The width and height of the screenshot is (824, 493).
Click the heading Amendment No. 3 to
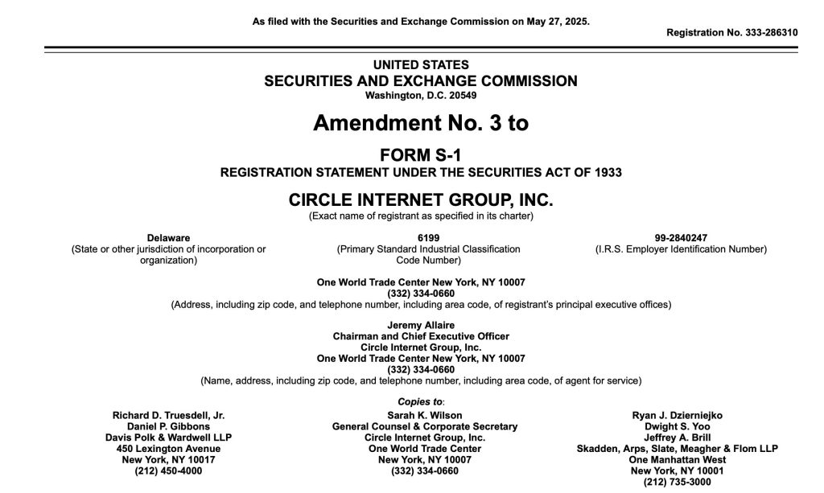[421, 124]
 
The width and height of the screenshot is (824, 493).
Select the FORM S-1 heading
[421, 155]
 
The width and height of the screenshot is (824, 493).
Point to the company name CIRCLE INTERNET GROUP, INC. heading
[421, 200]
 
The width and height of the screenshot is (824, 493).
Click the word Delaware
[169, 238]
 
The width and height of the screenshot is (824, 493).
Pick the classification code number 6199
[428, 238]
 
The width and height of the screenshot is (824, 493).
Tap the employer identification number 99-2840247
[681, 238]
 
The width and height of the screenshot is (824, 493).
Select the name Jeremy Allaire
[421, 325]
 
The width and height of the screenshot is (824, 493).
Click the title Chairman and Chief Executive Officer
[421, 336]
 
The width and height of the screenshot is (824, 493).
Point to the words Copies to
[420, 401]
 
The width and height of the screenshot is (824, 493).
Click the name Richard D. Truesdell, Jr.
[169, 415]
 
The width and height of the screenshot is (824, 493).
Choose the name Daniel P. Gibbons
[169, 426]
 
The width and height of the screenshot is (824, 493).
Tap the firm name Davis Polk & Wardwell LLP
[169, 438]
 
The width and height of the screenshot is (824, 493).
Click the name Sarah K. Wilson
[425, 415]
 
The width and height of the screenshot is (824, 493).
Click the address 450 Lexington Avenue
[169, 449]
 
